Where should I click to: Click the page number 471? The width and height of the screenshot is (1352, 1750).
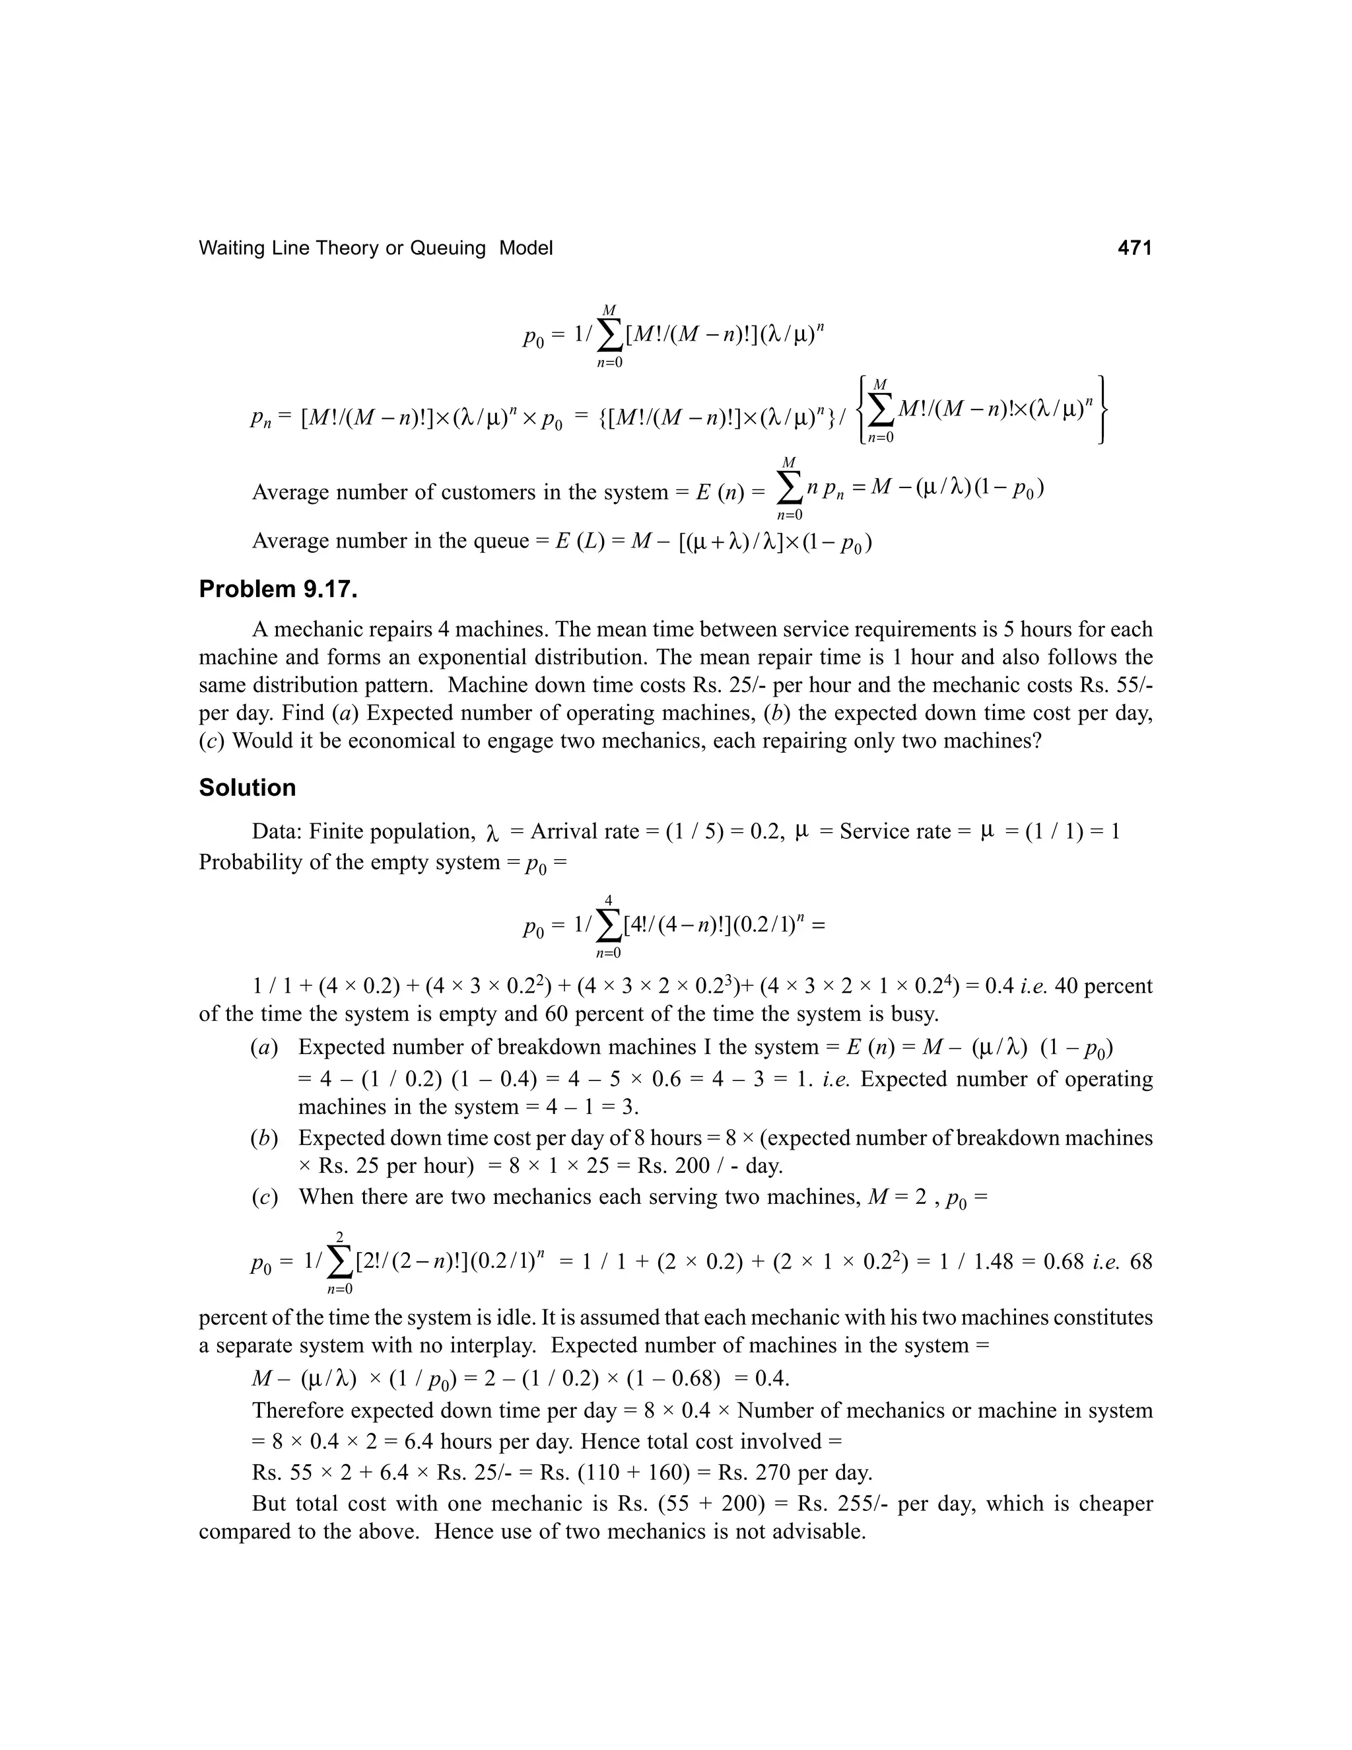1134,248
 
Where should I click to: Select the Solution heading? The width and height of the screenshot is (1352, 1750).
247,788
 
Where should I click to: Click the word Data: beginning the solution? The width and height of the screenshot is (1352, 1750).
277,831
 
